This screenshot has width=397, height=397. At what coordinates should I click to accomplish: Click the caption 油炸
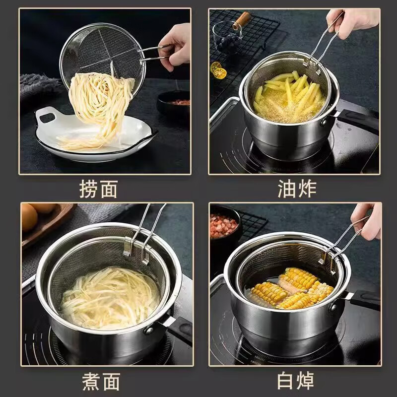coord(297,189)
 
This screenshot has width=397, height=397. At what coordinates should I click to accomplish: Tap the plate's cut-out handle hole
coord(48,118)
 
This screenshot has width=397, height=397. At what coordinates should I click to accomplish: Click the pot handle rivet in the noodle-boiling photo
coord(148,330)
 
